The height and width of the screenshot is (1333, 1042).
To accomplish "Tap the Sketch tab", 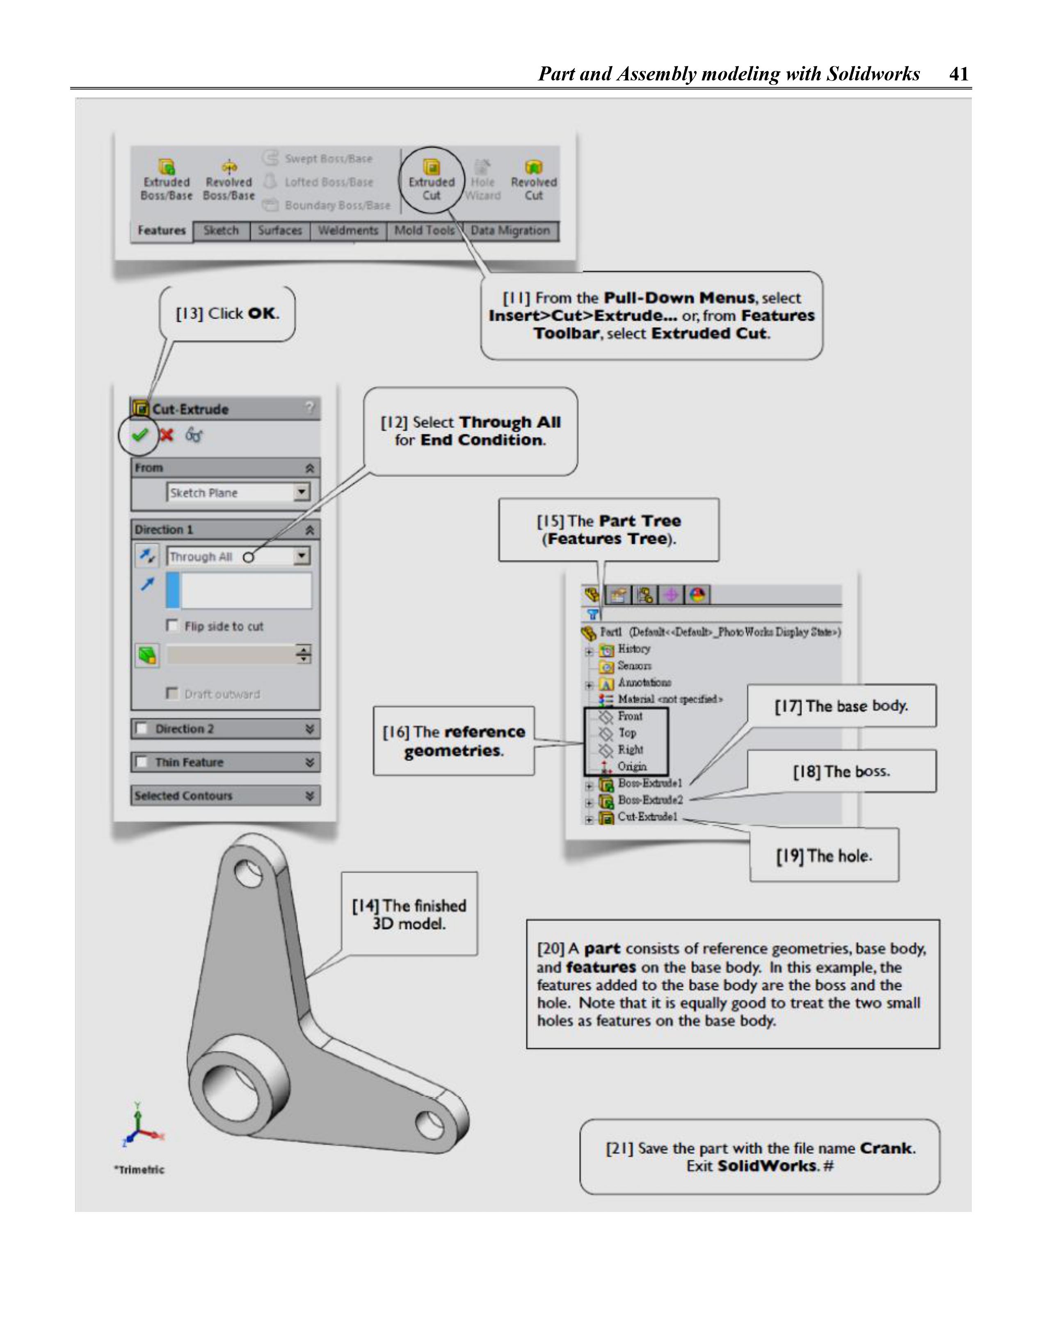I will point(221,231).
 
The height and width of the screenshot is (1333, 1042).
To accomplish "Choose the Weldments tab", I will point(348,231).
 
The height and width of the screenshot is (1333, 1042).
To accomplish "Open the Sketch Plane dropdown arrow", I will point(302,492).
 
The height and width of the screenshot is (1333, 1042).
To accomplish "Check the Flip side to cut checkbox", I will point(172,626).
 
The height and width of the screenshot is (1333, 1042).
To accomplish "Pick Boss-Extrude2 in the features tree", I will point(649,800).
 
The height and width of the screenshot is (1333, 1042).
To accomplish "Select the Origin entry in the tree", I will point(631,766).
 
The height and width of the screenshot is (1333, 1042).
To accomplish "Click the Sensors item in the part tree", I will point(634,665).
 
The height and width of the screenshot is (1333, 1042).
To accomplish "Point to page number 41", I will point(958,74).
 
